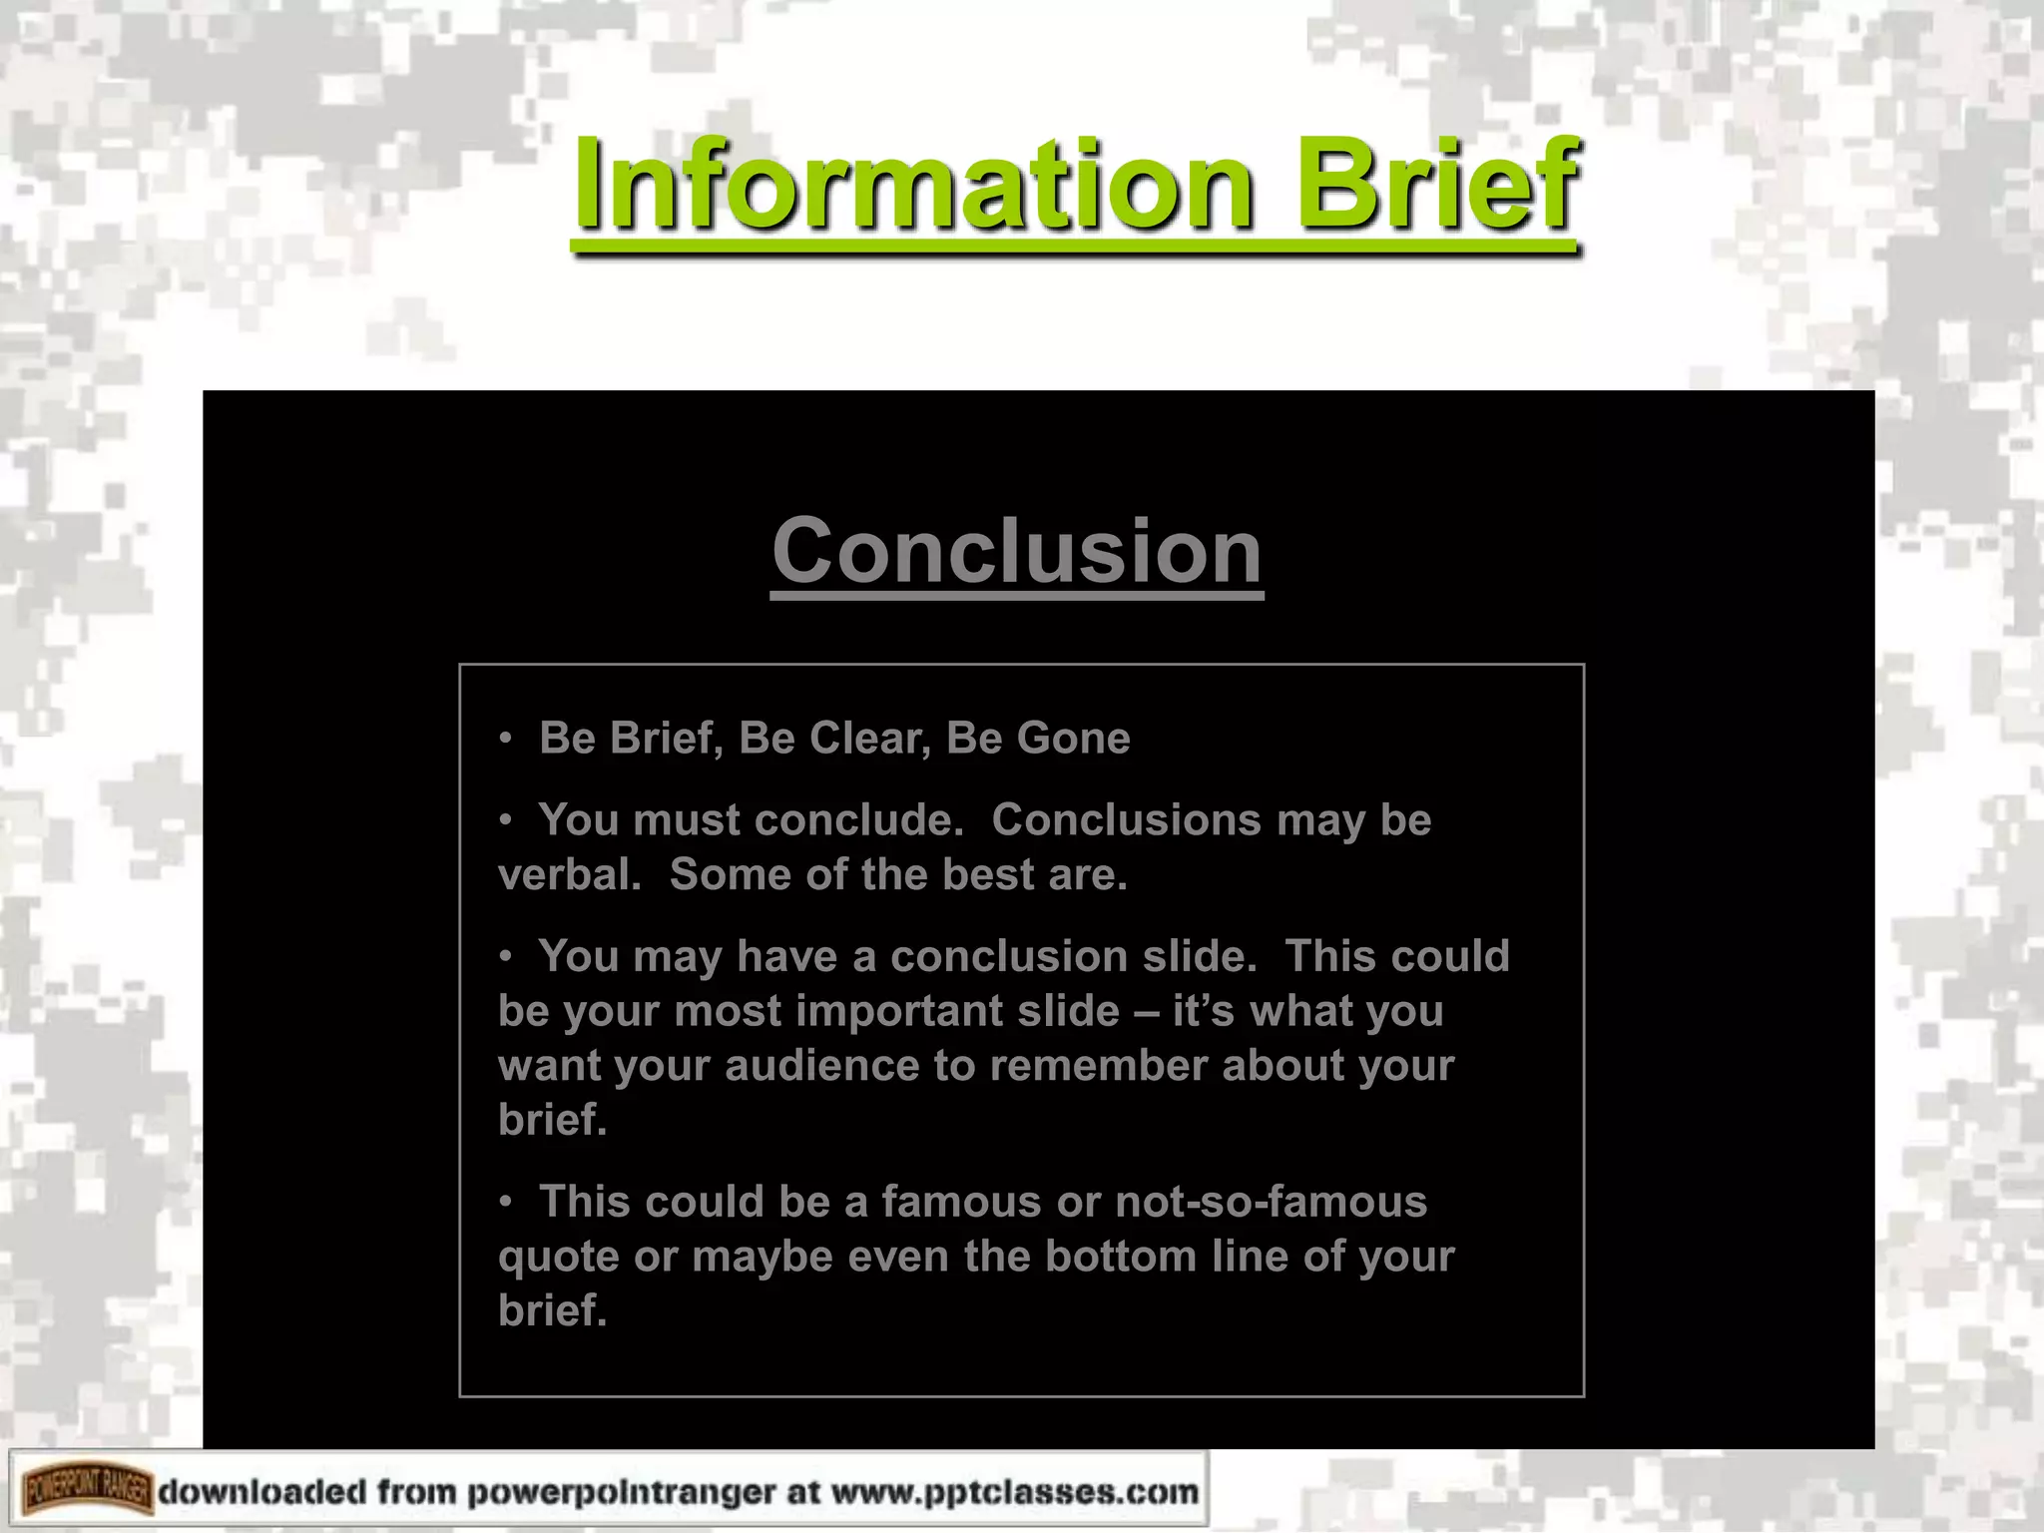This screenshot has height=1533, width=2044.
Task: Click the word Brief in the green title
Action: click(1437, 185)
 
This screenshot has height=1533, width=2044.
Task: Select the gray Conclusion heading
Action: click(1017, 551)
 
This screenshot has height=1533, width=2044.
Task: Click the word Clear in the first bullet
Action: click(864, 739)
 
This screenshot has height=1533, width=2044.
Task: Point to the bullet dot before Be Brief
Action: click(506, 739)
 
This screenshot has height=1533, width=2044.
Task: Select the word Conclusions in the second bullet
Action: click(1127, 820)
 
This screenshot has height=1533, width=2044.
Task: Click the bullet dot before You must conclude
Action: click(506, 820)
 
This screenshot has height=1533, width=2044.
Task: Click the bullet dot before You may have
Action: click(506, 956)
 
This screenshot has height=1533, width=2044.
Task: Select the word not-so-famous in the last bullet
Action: click(1271, 1202)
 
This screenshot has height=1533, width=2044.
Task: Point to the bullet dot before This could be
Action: click(506, 1202)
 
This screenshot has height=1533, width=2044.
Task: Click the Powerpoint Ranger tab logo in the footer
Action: click(87, 1492)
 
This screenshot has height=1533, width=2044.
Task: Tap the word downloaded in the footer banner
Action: click(262, 1492)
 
